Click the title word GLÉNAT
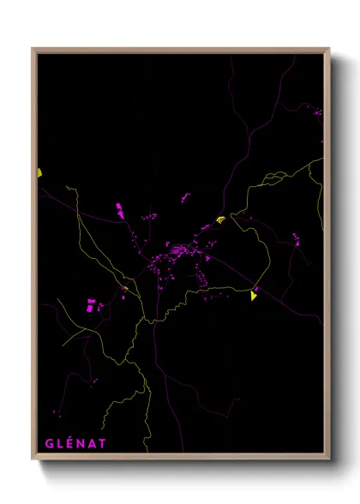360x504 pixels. point(76,443)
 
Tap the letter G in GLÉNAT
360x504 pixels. point(50,443)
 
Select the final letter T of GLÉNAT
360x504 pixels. point(103,443)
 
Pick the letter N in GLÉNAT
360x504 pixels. point(81,443)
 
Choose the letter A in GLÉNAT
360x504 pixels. point(93,443)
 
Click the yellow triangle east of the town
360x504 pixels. point(253,296)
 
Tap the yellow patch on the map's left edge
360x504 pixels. point(39,173)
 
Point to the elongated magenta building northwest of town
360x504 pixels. point(120,208)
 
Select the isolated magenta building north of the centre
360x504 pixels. point(185,198)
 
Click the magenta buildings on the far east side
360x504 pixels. point(297,239)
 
